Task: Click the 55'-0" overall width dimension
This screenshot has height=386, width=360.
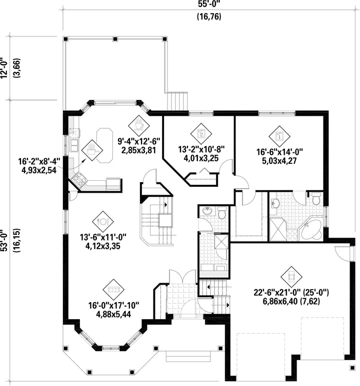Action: pyautogui.click(x=209, y=4)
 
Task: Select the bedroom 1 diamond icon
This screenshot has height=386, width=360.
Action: pyautogui.click(x=279, y=136)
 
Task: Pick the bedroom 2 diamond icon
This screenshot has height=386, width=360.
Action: pyautogui.click(x=201, y=134)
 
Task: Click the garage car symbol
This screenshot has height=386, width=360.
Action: pyautogui.click(x=291, y=277)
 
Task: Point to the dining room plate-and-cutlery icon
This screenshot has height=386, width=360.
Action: pyautogui.click(x=103, y=222)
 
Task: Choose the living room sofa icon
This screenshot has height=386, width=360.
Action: pyautogui.click(x=113, y=290)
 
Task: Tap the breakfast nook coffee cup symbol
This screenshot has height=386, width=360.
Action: pyautogui.click(x=139, y=125)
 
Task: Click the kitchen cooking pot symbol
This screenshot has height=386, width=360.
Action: pyautogui.click(x=92, y=150)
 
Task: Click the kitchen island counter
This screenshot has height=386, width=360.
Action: pyautogui.click(x=104, y=145)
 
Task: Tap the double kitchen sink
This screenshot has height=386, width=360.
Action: pyautogui.click(x=73, y=145)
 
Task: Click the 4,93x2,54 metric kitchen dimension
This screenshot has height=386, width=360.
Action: pyautogui.click(x=39, y=170)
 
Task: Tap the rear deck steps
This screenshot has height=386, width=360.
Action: pyautogui.click(x=177, y=101)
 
